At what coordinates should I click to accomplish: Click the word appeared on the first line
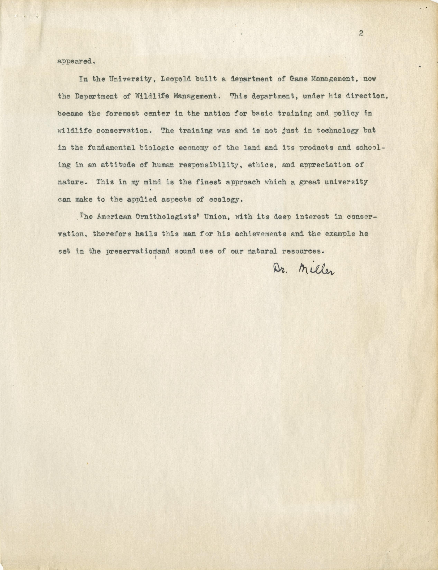click(74, 62)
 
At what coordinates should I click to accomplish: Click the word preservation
click(131, 251)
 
